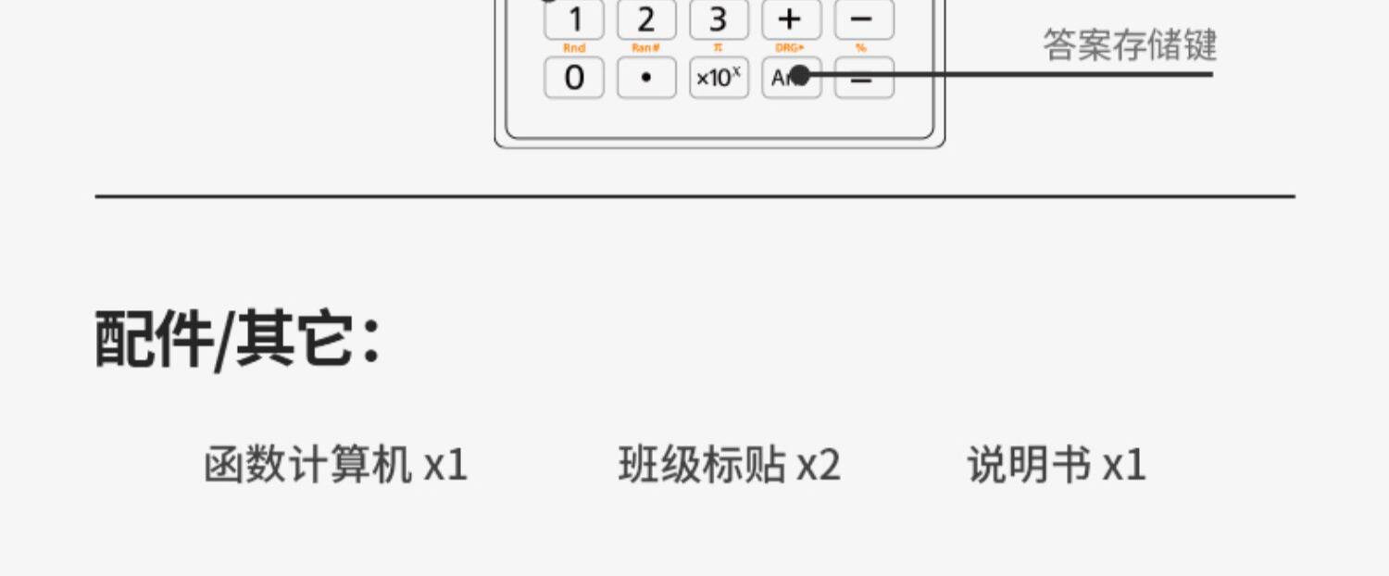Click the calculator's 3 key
tap(718, 19)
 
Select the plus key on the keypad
tap(791, 19)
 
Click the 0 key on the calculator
tap(573, 78)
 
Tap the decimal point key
tap(645, 78)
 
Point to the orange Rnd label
tap(573, 48)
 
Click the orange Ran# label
tap(645, 48)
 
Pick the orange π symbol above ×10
tap(718, 48)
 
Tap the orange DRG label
tap(790, 48)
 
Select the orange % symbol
tap(862, 48)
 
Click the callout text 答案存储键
tap(1130, 45)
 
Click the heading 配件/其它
tap(237, 340)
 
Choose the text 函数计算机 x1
tap(335, 464)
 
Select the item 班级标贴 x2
tap(729, 464)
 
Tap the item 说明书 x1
tap(1057, 464)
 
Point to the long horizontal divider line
tap(694, 196)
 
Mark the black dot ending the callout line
tap(801, 74)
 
